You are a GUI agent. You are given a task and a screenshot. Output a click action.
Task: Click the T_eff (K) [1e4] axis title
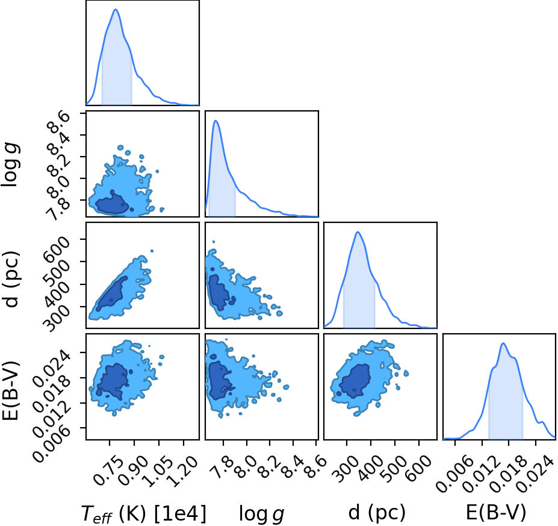click(x=144, y=513)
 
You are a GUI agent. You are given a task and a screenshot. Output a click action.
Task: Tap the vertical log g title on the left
click(x=11, y=164)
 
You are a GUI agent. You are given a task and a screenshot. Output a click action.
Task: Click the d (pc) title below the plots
click(x=377, y=513)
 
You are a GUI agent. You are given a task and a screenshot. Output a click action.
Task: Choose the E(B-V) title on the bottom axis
click(x=496, y=513)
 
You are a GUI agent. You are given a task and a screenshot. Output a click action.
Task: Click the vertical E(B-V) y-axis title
click(x=10, y=390)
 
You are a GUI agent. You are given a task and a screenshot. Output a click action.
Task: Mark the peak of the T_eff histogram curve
click(x=116, y=9)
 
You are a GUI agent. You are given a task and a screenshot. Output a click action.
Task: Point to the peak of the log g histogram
click(x=215, y=121)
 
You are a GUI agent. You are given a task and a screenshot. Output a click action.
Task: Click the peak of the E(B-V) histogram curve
click(x=503, y=343)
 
